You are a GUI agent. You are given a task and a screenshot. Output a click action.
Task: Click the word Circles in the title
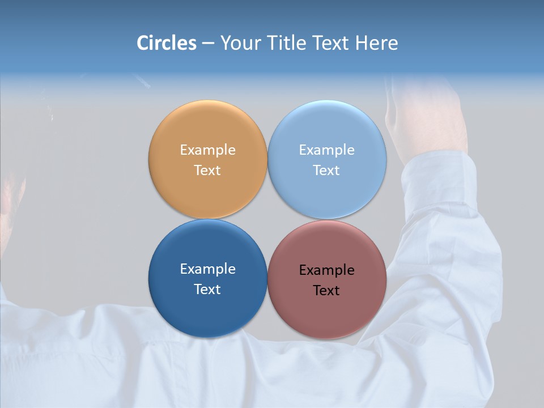tap(166, 43)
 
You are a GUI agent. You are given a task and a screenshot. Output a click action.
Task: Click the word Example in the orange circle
tap(207, 150)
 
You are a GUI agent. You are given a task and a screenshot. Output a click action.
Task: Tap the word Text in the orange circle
tap(207, 171)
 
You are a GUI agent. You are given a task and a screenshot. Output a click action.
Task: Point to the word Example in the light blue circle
tap(327, 150)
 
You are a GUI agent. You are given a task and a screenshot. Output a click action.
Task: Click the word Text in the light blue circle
tap(327, 171)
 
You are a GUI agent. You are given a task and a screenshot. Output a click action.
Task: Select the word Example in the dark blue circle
tap(207, 269)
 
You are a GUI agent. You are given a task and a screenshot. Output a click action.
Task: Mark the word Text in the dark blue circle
tap(207, 290)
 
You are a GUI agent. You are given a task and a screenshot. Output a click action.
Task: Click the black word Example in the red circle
tap(327, 270)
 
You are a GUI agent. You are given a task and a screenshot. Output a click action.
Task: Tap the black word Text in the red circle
tap(327, 291)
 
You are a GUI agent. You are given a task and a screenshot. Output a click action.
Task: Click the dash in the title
tap(208, 44)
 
